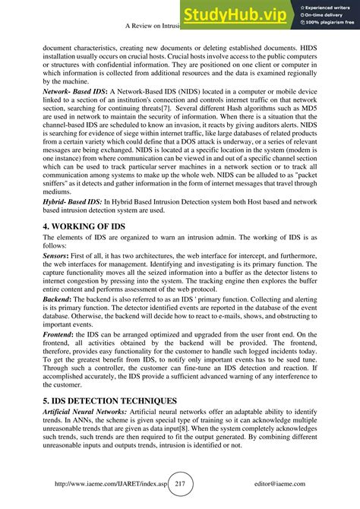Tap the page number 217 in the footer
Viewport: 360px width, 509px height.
coord(181,483)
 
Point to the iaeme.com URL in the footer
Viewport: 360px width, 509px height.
coord(106,484)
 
